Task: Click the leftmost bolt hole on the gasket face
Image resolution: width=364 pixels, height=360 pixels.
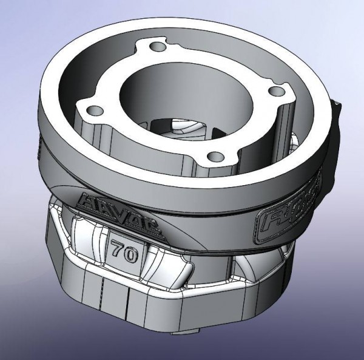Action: tap(93, 112)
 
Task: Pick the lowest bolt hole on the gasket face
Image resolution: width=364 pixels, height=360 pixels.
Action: tap(214, 157)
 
